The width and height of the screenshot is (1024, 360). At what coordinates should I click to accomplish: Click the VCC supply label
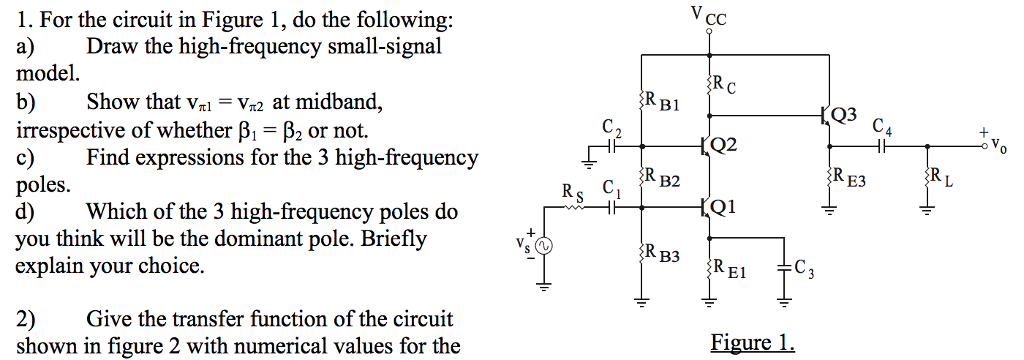click(x=709, y=15)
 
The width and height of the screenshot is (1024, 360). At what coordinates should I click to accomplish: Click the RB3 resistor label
click(x=663, y=256)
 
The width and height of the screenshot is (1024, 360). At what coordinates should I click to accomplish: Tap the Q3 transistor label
click(x=843, y=113)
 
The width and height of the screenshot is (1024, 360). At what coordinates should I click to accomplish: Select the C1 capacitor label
click(x=611, y=186)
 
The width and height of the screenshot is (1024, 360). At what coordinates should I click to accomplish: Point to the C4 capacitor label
click(x=881, y=127)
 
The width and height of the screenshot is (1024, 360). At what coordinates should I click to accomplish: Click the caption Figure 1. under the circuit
click(x=752, y=344)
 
